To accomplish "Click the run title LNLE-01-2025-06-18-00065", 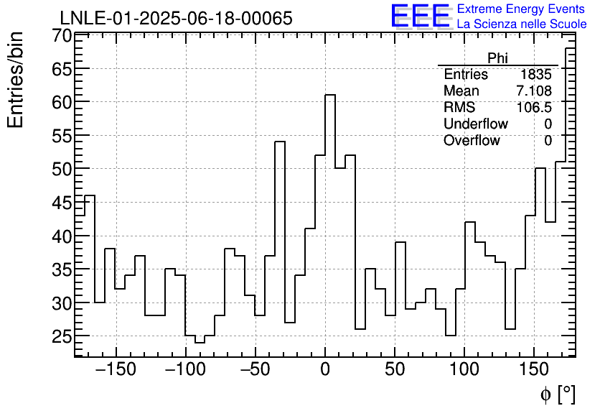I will (x=176, y=18).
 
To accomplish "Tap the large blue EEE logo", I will (x=421, y=16).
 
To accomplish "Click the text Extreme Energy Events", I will (x=520, y=9).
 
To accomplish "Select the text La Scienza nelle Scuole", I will (x=522, y=24).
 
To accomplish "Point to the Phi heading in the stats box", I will (x=497, y=58).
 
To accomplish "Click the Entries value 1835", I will (x=536, y=75).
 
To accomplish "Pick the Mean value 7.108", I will (x=534, y=91).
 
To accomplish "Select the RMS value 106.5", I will (x=534, y=108).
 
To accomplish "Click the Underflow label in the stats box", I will (x=475, y=124).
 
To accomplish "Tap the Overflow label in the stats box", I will (x=472, y=141).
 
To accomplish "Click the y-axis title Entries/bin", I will (x=16, y=80).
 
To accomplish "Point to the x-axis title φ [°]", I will (x=557, y=394).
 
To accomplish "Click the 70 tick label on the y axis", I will (x=61, y=36).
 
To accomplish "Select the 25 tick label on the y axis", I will (x=61, y=336).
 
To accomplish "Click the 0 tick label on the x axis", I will (x=325, y=370).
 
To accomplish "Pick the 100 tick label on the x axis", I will (x=464, y=370).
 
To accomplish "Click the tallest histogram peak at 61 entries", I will (x=330, y=96).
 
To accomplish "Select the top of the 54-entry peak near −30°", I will (x=280, y=142).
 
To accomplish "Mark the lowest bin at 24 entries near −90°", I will (x=200, y=342).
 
